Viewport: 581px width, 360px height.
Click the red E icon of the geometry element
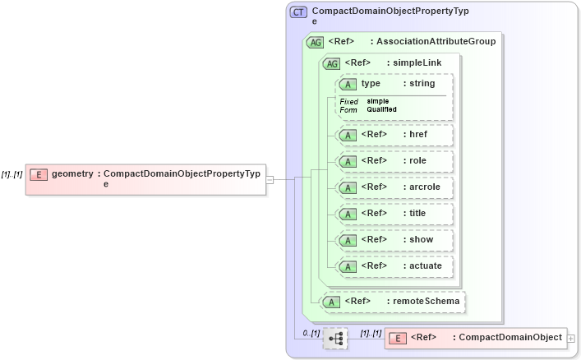pyautogui.click(x=39, y=174)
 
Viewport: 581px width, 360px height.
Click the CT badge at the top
pyautogui.click(x=298, y=12)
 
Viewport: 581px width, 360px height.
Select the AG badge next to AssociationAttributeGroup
pyautogui.click(x=315, y=42)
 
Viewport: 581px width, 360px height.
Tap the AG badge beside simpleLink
pyautogui.click(x=332, y=63)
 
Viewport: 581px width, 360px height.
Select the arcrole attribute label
pyautogui.click(x=422, y=187)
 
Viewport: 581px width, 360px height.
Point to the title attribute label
pyautogui.click(x=415, y=214)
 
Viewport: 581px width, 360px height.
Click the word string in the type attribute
pyautogui.click(x=422, y=84)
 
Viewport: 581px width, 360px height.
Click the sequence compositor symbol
pyautogui.click(x=335, y=338)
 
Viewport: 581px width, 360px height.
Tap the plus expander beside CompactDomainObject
pyautogui.click(x=571, y=338)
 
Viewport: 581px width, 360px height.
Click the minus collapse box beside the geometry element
pyautogui.click(x=270, y=179)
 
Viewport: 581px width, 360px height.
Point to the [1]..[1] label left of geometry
pyautogui.click(x=12, y=174)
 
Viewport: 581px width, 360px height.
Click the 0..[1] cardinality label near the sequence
pyautogui.click(x=311, y=333)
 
